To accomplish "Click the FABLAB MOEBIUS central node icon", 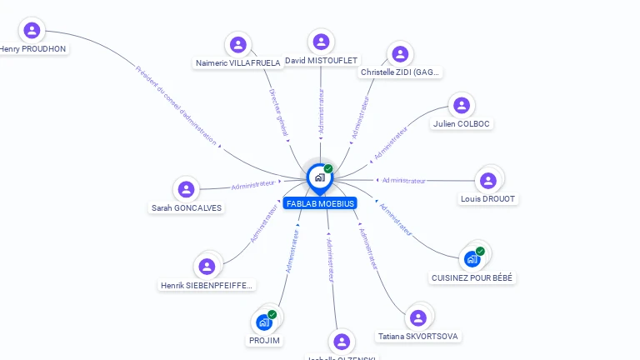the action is [319, 177].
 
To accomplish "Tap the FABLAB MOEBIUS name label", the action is [320, 203].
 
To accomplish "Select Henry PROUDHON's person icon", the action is [32, 31].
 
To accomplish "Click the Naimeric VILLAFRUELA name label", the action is [237, 62].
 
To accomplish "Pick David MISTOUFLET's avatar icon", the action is [321, 42].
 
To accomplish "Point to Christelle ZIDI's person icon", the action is [400, 54].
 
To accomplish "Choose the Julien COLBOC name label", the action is [462, 124].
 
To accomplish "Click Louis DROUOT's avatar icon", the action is [488, 180].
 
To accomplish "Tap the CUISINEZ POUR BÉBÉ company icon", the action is [472, 258].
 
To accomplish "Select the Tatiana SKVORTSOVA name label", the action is [417, 337].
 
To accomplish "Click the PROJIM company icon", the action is [264, 322].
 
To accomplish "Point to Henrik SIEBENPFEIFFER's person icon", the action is [207, 267].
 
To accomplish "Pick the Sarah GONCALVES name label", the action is [187, 207].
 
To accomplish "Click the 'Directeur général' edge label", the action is [279, 113].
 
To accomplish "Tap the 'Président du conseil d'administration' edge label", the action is [177, 105].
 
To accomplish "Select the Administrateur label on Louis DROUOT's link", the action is [405, 180].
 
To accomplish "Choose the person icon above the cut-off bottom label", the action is [341, 342].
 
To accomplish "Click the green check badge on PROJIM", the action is [272, 314].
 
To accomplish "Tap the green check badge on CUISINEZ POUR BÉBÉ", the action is [480, 251].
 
